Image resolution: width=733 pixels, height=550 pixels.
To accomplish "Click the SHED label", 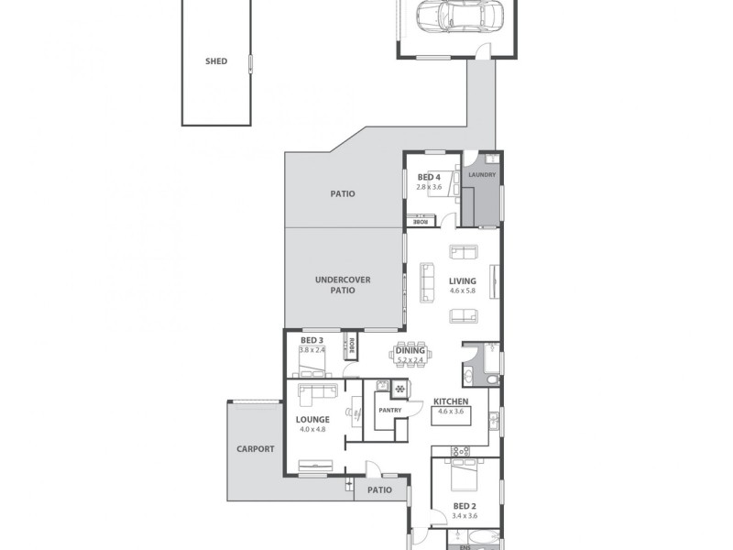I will click(x=216, y=61).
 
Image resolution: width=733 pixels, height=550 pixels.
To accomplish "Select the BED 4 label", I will click(x=429, y=177).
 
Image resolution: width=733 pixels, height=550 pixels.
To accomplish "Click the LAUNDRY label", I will click(x=482, y=174).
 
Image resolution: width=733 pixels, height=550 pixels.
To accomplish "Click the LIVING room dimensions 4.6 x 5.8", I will click(x=462, y=291).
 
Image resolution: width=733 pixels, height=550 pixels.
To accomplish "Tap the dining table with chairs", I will click(x=410, y=354).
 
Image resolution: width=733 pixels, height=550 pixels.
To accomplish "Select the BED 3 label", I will click(x=312, y=340).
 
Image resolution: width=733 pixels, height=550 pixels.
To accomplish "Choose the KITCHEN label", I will click(x=452, y=401).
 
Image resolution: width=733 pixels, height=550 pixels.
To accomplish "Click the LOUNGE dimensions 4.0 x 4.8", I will click(x=312, y=429).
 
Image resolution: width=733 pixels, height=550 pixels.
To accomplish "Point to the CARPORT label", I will click(x=255, y=448).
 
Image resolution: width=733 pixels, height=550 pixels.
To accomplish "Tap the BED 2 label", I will click(x=464, y=505).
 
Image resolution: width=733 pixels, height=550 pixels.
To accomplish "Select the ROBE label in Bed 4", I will click(x=421, y=222).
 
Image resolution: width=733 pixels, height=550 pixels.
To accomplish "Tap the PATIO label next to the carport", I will click(x=379, y=489).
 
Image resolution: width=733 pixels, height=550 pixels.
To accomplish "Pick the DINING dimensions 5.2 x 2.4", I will click(x=410, y=360).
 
